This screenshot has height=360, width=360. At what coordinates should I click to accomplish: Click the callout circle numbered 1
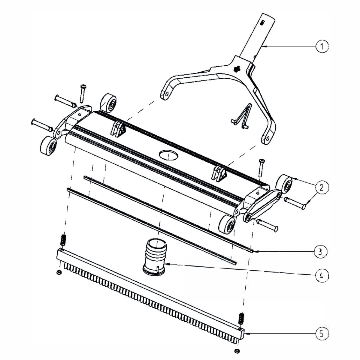[322, 46]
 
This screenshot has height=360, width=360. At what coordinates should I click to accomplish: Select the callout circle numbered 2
[322, 187]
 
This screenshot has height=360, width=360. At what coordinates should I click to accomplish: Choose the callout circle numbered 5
[321, 334]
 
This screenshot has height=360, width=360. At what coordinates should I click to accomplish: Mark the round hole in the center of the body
[168, 155]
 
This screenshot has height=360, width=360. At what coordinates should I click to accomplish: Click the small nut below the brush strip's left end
[59, 272]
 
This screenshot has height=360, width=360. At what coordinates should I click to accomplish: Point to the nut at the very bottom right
[237, 351]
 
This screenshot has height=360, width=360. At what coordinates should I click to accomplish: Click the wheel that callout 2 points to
[283, 184]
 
